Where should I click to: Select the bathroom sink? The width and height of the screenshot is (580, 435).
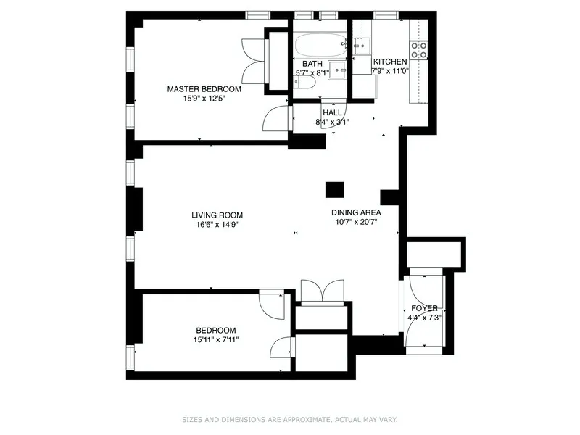point(336,70)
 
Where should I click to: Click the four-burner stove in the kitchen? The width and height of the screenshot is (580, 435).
point(419,49)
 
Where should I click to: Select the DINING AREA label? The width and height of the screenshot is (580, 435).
point(356,212)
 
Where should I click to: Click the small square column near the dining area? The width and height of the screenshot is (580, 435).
point(334,189)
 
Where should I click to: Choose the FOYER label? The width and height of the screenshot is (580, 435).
point(424,308)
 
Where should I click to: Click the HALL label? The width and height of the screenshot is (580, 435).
point(332,112)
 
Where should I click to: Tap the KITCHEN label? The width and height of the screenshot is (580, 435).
point(390,62)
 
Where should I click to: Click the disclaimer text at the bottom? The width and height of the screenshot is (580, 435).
point(289,419)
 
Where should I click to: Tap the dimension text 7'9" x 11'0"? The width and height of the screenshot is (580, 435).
point(390,72)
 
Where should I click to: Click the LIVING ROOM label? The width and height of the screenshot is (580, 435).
point(217,215)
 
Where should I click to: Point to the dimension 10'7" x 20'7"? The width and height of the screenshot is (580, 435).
point(356,223)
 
